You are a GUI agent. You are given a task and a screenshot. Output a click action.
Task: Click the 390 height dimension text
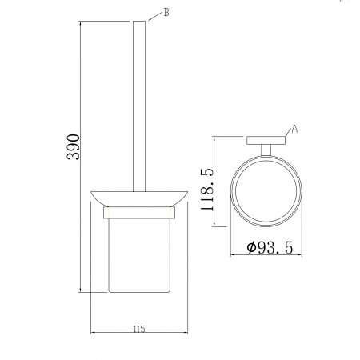coord(74,147)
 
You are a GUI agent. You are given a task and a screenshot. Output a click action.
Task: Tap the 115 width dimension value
coord(139,329)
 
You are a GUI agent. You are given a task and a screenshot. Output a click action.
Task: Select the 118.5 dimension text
coord(207,190)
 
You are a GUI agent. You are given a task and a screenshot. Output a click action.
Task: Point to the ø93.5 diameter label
coord(270,247)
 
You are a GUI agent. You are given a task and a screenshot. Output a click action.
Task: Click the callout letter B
coord(166,12)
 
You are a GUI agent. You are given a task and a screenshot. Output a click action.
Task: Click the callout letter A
coord(294,129)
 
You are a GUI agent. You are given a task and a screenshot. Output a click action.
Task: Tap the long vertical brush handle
coord(139,106)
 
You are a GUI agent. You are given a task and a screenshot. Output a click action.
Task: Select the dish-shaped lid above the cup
coord(139,199)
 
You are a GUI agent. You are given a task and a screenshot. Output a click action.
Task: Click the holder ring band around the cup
coord(139,213)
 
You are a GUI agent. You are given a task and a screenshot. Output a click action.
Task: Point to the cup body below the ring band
coord(139,255)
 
